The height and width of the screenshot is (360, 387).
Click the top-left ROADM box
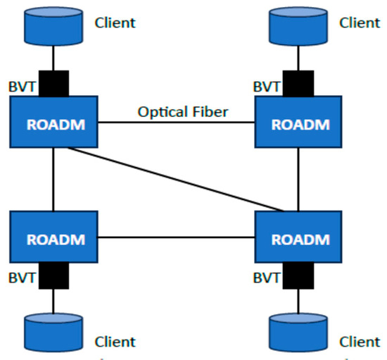tap(54, 123)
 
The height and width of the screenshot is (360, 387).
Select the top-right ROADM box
tap(299, 123)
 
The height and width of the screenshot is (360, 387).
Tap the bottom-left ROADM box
tap(54, 237)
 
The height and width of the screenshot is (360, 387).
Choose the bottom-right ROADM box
tap(299, 237)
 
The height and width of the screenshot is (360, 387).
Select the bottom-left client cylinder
tap(54, 332)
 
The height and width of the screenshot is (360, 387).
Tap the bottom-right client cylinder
tap(299, 332)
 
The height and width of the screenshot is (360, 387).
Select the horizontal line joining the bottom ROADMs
tap(176, 238)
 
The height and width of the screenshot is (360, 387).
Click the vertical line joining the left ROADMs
tap(54, 180)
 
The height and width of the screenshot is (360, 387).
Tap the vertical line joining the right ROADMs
tap(299, 180)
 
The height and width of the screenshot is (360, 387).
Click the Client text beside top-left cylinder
tap(115, 23)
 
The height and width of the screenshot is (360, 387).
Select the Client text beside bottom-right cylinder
tap(360, 342)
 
